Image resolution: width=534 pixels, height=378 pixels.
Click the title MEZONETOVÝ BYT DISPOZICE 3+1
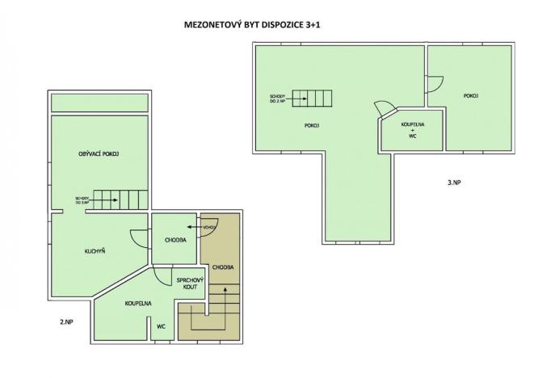tap(253, 25)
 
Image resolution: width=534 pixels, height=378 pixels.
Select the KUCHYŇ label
tap(95, 251)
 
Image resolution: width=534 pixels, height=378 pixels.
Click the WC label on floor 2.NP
tap(161, 326)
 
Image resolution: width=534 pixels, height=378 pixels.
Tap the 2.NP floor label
tap(67, 321)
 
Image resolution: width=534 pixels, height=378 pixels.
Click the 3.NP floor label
tap(453, 183)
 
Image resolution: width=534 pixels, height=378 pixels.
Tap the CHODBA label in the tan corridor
tap(222, 266)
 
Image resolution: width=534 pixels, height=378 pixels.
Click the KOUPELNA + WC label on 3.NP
tap(412, 131)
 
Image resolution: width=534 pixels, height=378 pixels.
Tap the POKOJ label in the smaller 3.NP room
tap(471, 96)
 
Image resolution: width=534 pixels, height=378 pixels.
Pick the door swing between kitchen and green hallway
tap(139, 238)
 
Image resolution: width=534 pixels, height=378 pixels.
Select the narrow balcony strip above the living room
tap(99, 103)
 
